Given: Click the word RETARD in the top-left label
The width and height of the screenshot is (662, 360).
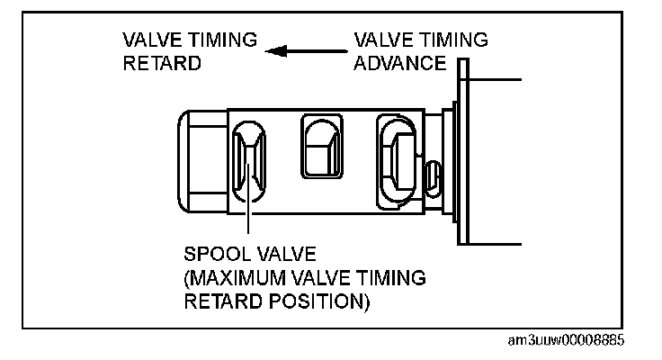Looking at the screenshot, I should pos(162,64).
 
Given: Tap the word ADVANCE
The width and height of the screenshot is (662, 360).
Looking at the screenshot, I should pos(400,64).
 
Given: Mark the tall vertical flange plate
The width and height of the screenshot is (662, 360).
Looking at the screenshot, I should pos(463,151).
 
